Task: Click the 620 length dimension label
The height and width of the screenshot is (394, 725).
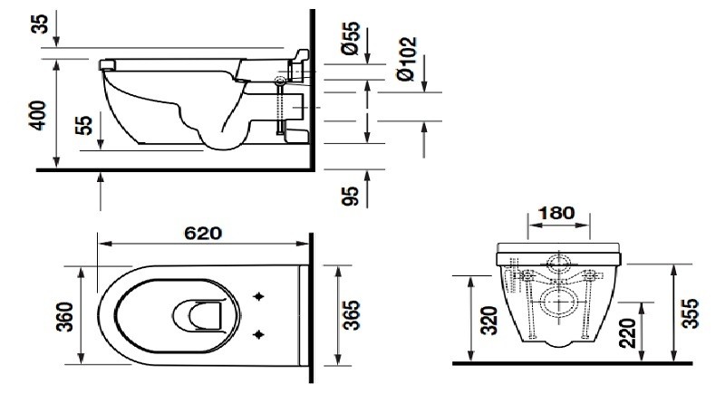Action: [x=203, y=233]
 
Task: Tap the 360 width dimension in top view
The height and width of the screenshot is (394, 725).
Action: [x=64, y=314]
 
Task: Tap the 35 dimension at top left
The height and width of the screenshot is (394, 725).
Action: [x=39, y=24]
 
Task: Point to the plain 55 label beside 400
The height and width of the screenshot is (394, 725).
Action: [x=82, y=124]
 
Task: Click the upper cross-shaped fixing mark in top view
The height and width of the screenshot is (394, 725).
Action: [x=262, y=296]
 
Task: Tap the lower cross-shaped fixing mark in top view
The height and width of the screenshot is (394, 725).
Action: [x=262, y=334]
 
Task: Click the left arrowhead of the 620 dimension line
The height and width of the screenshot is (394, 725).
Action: [x=101, y=245]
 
